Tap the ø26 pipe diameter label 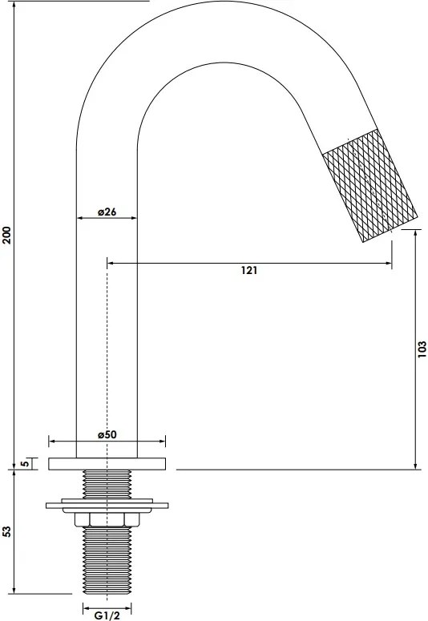107,212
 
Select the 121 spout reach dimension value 249,271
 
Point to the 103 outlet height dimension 422,349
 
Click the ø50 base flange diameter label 107,434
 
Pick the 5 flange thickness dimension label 25,463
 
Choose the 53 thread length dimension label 7,532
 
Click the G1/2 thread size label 107,615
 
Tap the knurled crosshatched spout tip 369,185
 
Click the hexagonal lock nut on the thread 107,519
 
